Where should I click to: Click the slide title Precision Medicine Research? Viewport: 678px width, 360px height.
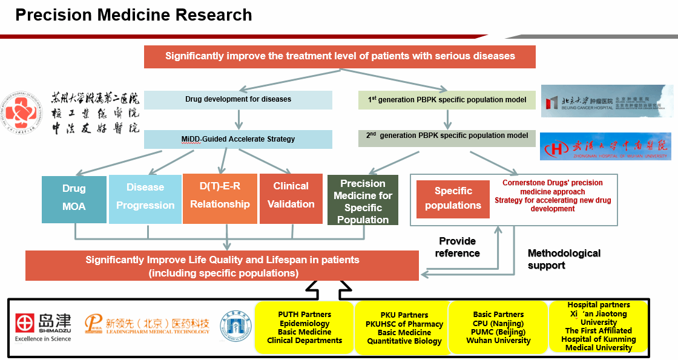(134, 15)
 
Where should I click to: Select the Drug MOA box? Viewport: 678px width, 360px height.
(74, 198)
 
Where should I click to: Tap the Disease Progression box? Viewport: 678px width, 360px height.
(145, 197)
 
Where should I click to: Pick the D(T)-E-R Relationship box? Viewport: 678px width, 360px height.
(220, 195)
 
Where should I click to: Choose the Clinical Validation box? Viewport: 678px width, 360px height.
(291, 195)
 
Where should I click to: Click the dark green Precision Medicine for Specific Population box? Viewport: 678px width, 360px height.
(363, 201)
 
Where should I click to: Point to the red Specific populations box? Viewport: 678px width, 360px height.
(453, 198)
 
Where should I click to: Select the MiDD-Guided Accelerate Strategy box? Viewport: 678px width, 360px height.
(238, 139)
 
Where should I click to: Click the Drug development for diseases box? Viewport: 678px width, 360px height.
(238, 99)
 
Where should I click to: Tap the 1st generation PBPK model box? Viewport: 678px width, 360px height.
(447, 99)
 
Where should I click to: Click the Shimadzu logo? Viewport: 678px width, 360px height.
(43, 327)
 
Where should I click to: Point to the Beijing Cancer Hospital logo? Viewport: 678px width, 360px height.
(606, 100)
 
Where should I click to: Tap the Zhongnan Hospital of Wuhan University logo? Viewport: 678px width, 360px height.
(605, 146)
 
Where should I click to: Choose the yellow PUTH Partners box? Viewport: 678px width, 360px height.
(304, 327)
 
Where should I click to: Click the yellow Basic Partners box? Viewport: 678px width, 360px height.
(498, 327)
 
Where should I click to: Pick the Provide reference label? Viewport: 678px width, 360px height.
(457, 247)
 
